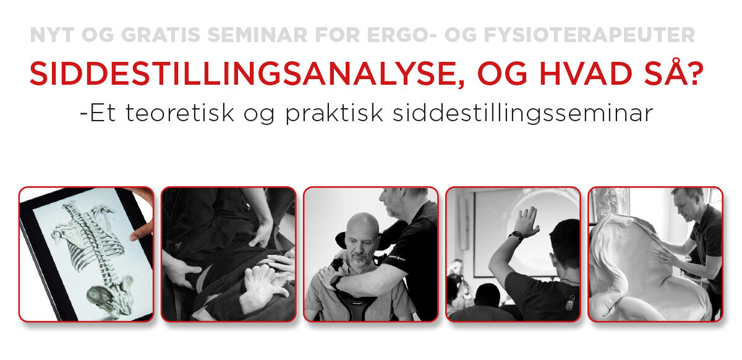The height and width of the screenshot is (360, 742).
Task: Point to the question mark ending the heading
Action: point(695,74)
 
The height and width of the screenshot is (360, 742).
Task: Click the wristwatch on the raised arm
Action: point(515,235)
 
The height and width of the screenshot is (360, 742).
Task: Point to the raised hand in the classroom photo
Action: point(526,219)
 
